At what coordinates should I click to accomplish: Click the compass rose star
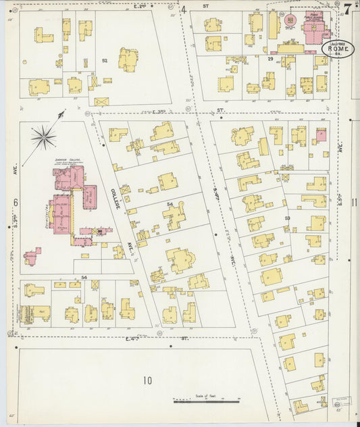click(x=44, y=138)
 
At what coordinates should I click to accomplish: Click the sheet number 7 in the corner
click(x=346, y=9)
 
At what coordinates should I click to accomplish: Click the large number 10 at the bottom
click(x=147, y=380)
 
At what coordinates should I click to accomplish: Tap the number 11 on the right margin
click(x=353, y=202)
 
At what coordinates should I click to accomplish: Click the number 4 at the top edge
click(x=184, y=9)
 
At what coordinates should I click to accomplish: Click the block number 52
click(x=105, y=61)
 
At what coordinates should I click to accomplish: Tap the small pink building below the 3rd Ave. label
click(x=31, y=257)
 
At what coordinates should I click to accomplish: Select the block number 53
click(x=287, y=218)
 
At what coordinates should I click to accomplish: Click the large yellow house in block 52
click(x=128, y=59)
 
